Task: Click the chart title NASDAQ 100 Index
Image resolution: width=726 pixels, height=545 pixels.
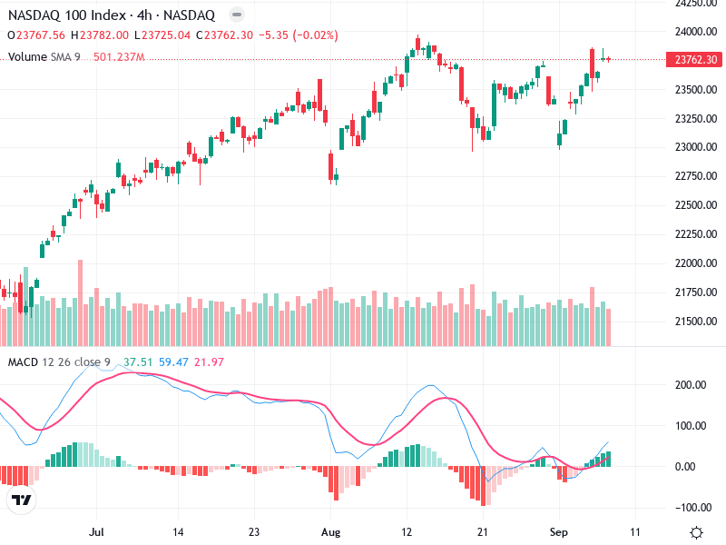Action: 63,15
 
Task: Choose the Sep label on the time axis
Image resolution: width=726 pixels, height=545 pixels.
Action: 560,530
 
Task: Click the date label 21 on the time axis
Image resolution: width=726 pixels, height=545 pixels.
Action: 484,530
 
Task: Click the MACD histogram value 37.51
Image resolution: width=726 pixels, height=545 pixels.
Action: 137,362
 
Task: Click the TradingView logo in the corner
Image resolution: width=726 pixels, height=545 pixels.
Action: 21,500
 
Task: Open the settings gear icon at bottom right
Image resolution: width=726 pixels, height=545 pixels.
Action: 697,532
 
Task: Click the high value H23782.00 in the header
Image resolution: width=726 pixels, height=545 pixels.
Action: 102,35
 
